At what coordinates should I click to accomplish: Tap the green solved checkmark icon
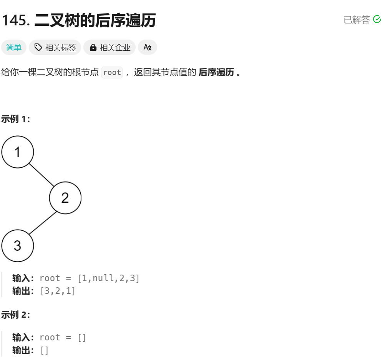click(x=377, y=19)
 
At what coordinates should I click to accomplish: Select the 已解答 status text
click(x=356, y=20)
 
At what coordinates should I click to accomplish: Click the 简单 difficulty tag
click(x=14, y=48)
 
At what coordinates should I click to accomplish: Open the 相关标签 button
click(x=55, y=48)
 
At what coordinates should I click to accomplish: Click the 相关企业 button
click(x=109, y=48)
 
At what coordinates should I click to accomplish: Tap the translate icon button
click(x=148, y=47)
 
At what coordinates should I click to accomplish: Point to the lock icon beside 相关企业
click(x=93, y=48)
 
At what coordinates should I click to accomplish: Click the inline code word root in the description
click(x=112, y=72)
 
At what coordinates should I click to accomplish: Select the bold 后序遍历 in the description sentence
click(x=216, y=72)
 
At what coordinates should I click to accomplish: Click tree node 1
click(x=18, y=152)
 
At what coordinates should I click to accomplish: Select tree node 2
click(x=65, y=198)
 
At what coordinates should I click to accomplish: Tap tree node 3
click(x=18, y=246)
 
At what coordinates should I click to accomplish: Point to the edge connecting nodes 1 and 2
click(x=41, y=175)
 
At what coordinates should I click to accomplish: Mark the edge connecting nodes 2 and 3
click(x=42, y=223)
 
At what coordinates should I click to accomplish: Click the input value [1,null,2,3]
click(x=109, y=278)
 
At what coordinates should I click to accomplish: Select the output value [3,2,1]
click(x=58, y=291)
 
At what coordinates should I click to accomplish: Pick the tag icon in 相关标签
click(x=38, y=47)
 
